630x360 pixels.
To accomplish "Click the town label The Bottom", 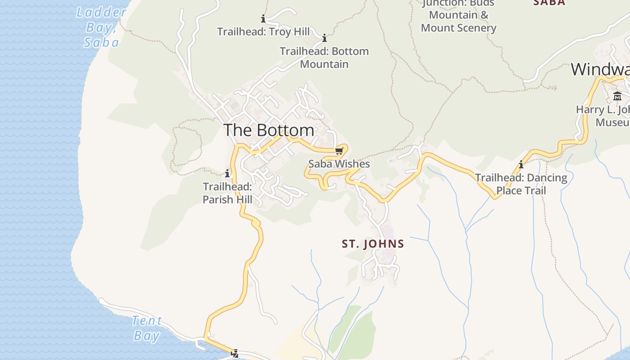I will tap(269, 130).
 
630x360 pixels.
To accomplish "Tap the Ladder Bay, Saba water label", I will tap(101, 27).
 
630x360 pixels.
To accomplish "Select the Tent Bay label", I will tap(147, 328).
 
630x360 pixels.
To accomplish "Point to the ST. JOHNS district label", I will tap(373, 244).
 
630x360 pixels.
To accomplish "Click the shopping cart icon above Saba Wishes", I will tap(339, 151).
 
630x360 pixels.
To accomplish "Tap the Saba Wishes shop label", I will tap(339, 164).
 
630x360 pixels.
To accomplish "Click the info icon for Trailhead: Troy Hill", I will tap(263, 19).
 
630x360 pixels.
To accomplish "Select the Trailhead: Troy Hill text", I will tap(263, 31).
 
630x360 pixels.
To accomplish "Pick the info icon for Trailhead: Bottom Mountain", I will tap(324, 38).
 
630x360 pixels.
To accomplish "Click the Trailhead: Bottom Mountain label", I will tap(324, 58).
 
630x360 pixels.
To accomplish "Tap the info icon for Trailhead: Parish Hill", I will tap(227, 173).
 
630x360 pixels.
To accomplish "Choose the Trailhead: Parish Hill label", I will tap(227, 193).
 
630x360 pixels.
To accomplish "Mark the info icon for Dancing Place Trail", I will tap(521, 165).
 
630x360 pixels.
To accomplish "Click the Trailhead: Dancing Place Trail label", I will tap(521, 184).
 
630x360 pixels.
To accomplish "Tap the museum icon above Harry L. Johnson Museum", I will tap(617, 96).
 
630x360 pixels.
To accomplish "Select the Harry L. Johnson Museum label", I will tap(603, 116).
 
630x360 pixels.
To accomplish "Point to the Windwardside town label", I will tap(600, 69).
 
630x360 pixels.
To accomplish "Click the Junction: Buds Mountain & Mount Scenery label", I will tap(458, 15).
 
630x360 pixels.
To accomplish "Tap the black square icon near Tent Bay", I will tap(234, 354).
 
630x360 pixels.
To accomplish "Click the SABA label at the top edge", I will tap(549, 3).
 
